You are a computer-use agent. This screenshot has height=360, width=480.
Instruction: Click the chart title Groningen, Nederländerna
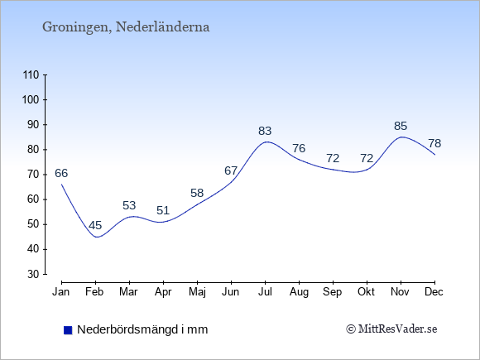pyautogui.click(x=126, y=27)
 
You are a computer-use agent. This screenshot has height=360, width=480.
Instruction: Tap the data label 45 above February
pyautogui.click(x=95, y=226)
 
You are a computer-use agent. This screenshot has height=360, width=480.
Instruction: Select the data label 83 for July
pyautogui.click(x=265, y=131)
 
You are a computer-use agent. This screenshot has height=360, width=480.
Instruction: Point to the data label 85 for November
pyautogui.click(x=401, y=126)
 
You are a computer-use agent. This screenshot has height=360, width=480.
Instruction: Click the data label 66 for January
pyautogui.click(x=61, y=173)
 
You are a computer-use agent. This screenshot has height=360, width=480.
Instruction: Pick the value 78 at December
pyautogui.click(x=434, y=143)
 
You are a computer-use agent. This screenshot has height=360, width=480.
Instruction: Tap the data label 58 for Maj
pyautogui.click(x=197, y=193)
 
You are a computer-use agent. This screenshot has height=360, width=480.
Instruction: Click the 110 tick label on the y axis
pyautogui.click(x=31, y=74)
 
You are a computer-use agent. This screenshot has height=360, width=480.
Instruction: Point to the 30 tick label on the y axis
pyautogui.click(x=34, y=274)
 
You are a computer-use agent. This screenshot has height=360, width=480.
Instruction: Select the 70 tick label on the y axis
pyautogui.click(x=34, y=175)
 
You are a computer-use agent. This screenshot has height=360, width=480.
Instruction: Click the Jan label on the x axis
pyautogui.click(x=61, y=292)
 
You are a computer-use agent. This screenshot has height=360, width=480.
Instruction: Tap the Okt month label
pyautogui.click(x=366, y=292)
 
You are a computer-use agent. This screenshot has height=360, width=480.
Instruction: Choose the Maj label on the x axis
pyautogui.click(x=197, y=292)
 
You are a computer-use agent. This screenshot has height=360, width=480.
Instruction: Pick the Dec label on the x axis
pyautogui.click(x=434, y=292)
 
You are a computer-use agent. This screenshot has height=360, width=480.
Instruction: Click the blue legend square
pyautogui.click(x=68, y=330)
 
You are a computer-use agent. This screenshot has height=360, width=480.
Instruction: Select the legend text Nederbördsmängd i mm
pyautogui.click(x=142, y=329)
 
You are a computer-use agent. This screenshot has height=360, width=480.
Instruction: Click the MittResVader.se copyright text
pyautogui.click(x=391, y=329)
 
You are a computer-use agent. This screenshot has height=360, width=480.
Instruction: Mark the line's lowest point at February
pyautogui.click(x=97, y=237)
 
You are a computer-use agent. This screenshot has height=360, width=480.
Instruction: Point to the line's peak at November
pyautogui.click(x=401, y=137)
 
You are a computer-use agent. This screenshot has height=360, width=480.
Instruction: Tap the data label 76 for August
pyautogui.click(x=299, y=148)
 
